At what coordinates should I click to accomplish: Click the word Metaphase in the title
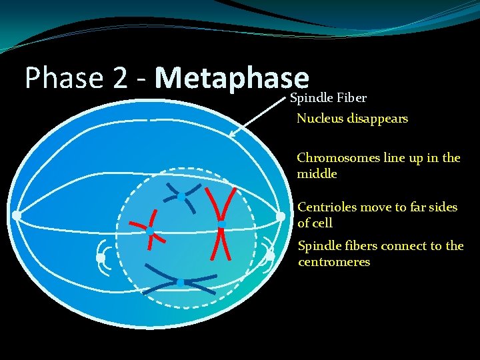pos(232,78)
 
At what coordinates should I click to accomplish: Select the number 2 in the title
pos(120,78)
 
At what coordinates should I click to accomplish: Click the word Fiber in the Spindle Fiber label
pos(351,99)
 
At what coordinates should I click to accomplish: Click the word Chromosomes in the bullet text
pos(338,158)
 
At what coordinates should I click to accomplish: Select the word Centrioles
pos(327,207)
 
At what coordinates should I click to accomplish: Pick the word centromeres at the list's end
pos(333,262)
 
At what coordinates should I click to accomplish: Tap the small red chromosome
pos(150,230)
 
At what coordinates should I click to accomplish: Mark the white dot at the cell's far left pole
pos(16,215)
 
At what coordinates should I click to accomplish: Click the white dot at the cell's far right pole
pos(281,217)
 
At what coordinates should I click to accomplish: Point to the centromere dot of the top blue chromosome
pos(181,197)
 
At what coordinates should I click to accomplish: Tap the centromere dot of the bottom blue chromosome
pos(180,283)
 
